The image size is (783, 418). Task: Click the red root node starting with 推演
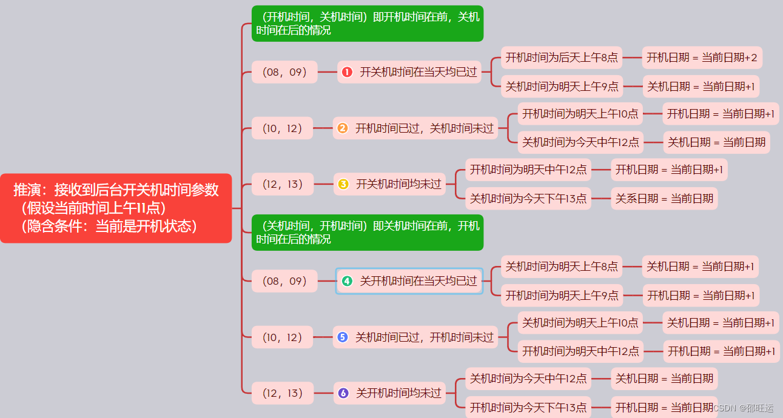pos(116,208)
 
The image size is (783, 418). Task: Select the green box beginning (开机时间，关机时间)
pos(367,24)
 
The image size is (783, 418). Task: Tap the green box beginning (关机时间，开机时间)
pos(367,233)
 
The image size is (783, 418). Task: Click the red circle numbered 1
pos(347,72)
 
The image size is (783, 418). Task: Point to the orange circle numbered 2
pos(343,128)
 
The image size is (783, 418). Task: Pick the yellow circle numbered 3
pos(343,184)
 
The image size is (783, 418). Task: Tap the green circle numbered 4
pos(347,281)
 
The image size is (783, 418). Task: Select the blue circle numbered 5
pos(343,337)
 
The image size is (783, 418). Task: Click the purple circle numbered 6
pos(343,393)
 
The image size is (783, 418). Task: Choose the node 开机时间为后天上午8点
pos(562,58)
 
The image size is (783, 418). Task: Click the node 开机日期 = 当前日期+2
pos(702,58)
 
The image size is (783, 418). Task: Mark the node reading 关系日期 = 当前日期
pos(664,198)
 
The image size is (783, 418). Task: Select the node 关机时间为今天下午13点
pos(528,198)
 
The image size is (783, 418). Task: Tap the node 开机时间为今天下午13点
pos(528,407)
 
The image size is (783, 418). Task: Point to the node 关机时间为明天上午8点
pos(562,267)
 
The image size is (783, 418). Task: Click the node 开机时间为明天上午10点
pos(580,113)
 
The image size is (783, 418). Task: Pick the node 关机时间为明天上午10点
pos(580,323)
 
